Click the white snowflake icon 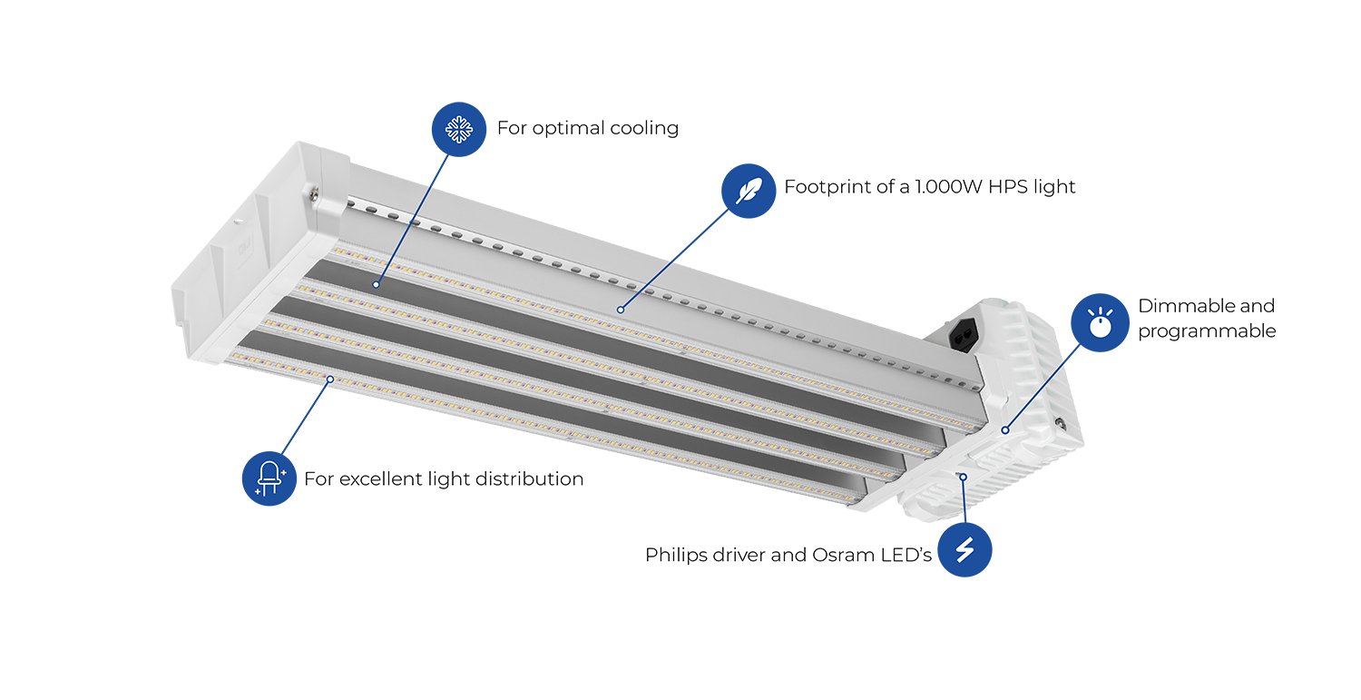[x=458, y=129]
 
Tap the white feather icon [x=749, y=192]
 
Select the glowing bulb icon [x=1100, y=324]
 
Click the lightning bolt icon [x=965, y=550]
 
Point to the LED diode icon [x=269, y=478]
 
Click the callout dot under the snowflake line [x=374, y=284]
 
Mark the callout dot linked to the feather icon [x=621, y=310]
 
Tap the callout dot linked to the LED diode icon [x=330, y=379]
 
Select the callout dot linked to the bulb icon [x=1004, y=429]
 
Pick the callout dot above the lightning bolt [x=964, y=476]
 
